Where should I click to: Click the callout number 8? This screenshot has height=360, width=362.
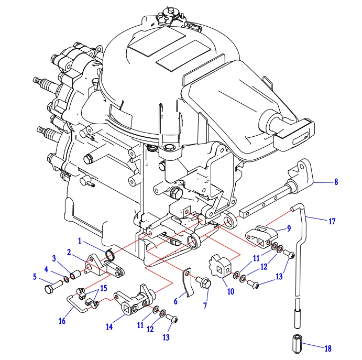[336, 182]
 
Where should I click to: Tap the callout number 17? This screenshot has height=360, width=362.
[332, 221]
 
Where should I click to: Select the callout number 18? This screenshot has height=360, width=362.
[328, 348]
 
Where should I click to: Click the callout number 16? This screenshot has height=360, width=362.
[62, 321]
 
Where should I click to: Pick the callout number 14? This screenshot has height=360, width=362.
[109, 326]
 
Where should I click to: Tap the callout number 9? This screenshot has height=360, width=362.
[288, 228]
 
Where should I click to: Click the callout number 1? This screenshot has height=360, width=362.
[80, 242]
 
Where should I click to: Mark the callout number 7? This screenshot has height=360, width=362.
[205, 305]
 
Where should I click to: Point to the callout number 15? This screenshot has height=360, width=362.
[104, 288]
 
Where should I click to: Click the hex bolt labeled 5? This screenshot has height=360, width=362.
[51, 288]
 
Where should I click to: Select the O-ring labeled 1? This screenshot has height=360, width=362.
[110, 255]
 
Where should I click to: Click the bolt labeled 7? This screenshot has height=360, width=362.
[205, 283]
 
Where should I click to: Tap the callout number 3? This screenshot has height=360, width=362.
[53, 258]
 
